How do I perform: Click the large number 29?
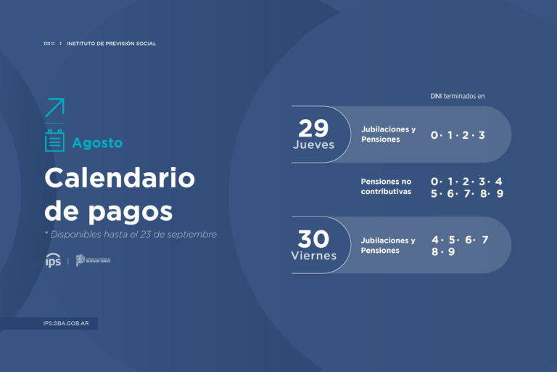(x=313, y=128)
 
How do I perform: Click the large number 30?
(x=313, y=239)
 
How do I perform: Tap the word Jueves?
(x=313, y=145)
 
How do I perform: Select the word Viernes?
(x=313, y=256)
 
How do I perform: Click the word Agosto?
(x=97, y=143)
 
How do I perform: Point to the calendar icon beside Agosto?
(x=54, y=141)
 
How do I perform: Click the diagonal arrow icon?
(x=54, y=108)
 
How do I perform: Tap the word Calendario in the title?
(x=120, y=178)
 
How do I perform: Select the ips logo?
(x=53, y=260)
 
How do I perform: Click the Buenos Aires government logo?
(x=93, y=260)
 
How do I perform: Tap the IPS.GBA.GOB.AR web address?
(x=66, y=323)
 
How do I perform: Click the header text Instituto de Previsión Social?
(x=111, y=44)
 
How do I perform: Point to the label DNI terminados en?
(x=457, y=96)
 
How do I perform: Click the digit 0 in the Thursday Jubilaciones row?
(x=434, y=135)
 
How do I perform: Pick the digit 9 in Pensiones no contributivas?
(x=500, y=194)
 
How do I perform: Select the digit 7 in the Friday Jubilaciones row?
(x=484, y=240)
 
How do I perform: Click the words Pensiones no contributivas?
(x=387, y=187)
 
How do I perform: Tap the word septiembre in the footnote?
(x=191, y=234)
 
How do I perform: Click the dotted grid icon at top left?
(x=49, y=44)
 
